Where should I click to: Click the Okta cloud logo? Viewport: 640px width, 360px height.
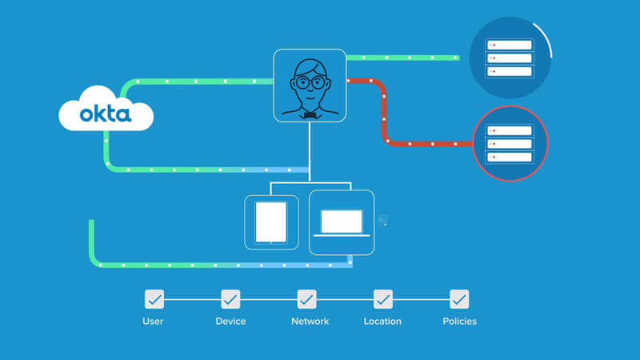pyautogui.click(x=106, y=113)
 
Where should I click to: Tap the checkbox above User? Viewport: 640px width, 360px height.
pyautogui.click(x=154, y=299)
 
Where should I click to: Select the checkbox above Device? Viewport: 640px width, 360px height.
pyautogui.click(x=230, y=299)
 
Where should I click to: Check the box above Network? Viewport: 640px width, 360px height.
pyautogui.click(x=306, y=299)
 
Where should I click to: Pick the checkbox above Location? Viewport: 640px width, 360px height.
pyautogui.click(x=383, y=299)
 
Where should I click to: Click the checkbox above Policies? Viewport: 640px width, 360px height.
pyautogui.click(x=459, y=299)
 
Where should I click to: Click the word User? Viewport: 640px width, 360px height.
pyautogui.click(x=154, y=322)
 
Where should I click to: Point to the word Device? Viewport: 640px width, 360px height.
pyautogui.click(x=230, y=322)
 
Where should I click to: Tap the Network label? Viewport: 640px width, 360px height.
pyautogui.click(x=310, y=322)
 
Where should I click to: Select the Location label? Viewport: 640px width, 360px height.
pyautogui.click(x=382, y=322)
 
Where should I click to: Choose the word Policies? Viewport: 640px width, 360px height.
pyautogui.click(x=459, y=322)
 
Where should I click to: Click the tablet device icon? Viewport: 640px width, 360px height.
pyautogui.click(x=270, y=222)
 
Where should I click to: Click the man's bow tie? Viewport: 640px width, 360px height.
pyautogui.click(x=310, y=115)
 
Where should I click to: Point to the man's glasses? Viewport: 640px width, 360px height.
pyautogui.click(x=310, y=82)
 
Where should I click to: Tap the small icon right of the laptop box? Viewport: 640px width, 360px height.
pyautogui.click(x=383, y=220)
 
